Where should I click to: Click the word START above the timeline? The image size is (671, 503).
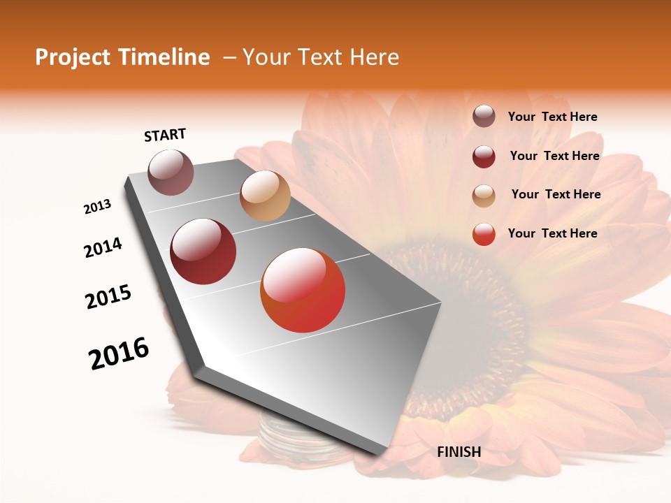(165, 135)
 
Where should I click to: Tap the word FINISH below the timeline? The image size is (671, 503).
(459, 452)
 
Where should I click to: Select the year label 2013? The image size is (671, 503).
(98, 207)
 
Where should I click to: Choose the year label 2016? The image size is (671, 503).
(119, 353)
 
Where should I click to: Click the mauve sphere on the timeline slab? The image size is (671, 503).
(171, 172)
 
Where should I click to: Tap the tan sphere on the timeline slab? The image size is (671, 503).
(265, 196)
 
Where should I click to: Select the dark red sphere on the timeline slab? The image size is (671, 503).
(203, 251)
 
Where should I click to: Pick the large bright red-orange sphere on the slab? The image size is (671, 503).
(303, 290)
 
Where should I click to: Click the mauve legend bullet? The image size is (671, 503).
(484, 117)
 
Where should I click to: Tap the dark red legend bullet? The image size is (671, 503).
(484, 156)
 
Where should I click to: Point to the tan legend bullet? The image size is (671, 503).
(484, 195)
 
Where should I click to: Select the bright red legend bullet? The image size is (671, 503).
(484, 234)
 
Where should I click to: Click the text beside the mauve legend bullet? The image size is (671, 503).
(552, 117)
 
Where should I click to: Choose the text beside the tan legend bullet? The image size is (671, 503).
(556, 194)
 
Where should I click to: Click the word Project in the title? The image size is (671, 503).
(73, 57)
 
